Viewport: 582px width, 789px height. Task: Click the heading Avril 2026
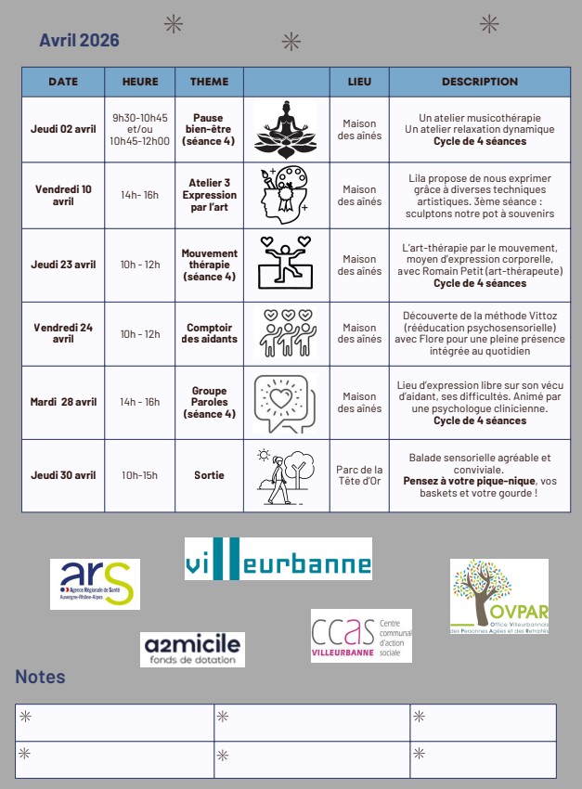[x=79, y=40]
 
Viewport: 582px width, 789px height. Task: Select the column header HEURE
[x=140, y=82]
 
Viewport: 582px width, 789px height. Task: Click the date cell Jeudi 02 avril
[x=63, y=129]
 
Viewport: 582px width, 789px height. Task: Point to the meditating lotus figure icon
[x=286, y=129]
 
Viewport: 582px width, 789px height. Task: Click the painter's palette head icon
[x=285, y=195]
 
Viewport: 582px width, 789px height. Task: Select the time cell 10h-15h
[x=140, y=475]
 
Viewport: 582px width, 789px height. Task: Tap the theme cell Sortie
[x=209, y=475]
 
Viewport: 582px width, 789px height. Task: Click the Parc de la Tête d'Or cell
[x=359, y=475]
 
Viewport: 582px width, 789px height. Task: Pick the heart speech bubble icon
[x=285, y=403]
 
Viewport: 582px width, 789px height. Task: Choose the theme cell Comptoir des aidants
[x=209, y=333]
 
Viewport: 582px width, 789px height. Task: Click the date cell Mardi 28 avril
[x=63, y=402]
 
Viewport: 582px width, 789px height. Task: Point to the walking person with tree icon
[x=285, y=475]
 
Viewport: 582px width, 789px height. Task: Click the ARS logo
[x=95, y=583]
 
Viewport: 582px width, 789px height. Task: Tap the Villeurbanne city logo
[x=278, y=559]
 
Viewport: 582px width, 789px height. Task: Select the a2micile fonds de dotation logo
[x=193, y=649]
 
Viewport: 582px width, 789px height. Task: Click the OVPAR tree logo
[x=498, y=597]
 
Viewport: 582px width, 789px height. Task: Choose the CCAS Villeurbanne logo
[x=361, y=636]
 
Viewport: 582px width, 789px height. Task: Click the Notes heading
[x=40, y=677]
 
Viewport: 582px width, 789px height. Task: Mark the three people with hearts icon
[x=285, y=333]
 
